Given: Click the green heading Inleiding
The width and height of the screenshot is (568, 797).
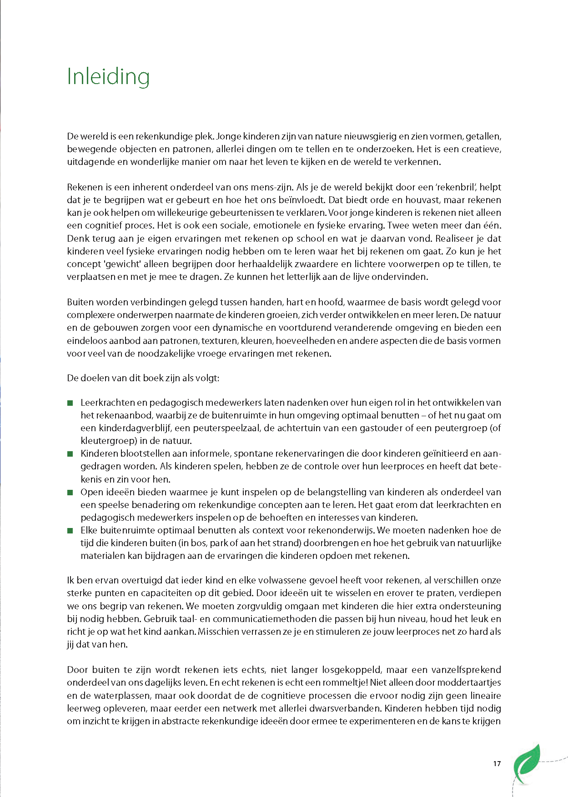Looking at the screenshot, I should pos(108,76).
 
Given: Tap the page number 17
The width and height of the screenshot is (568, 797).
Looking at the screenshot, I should pos(497,763).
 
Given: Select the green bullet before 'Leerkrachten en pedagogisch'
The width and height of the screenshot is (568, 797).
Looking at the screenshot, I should pos(70,403).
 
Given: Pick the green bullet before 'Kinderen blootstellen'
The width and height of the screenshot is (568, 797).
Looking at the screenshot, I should pos(70,453).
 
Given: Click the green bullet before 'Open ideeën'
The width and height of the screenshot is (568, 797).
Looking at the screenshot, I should pos(70,492).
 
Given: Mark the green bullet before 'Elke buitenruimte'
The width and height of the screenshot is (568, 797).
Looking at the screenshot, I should pos(70,530).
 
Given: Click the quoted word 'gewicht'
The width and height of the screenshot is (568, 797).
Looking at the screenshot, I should pos(123,264).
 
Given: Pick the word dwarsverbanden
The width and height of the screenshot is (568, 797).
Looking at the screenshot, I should pos(350,708).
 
